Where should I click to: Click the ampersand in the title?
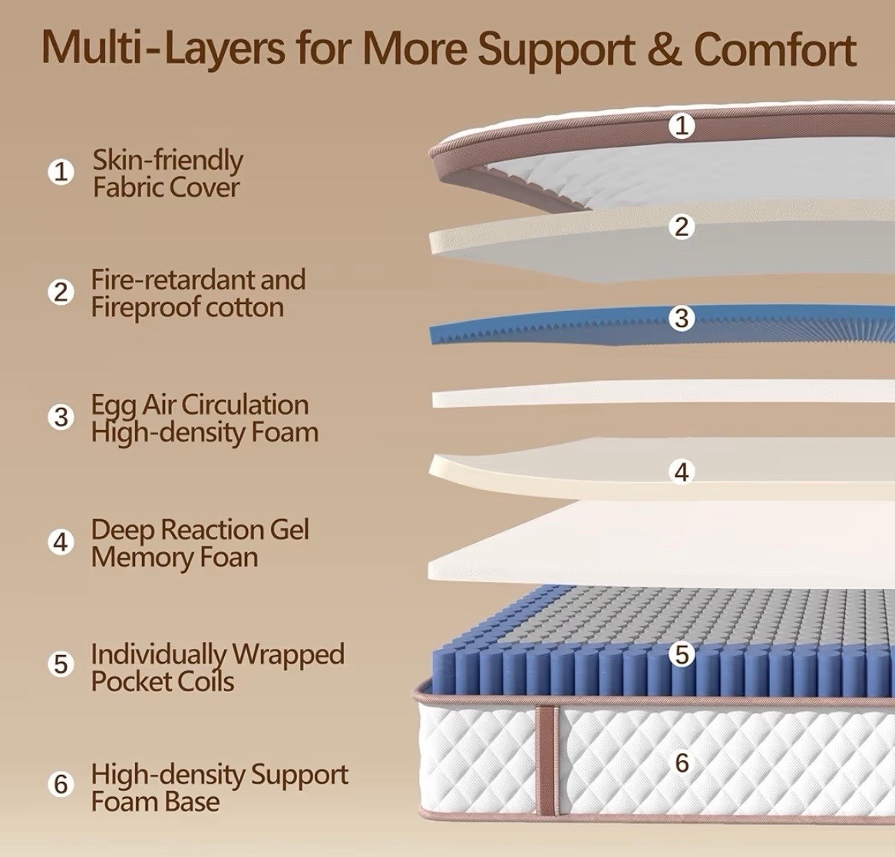[665, 48]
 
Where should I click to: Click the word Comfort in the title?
[775, 48]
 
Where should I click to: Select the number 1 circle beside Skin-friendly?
[61, 172]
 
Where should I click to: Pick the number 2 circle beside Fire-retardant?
[61, 293]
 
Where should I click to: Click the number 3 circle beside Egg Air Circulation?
[61, 418]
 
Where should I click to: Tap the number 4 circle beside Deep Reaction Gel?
[61, 542]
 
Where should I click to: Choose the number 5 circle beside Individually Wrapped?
[61, 664]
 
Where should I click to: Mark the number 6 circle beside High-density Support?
[61, 784]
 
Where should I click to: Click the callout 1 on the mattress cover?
[682, 125]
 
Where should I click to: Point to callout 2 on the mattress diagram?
[682, 227]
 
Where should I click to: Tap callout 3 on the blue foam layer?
[682, 318]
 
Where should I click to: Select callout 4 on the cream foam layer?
[682, 472]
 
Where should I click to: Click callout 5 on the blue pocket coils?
[682, 654]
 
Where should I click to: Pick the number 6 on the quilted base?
[682, 763]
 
